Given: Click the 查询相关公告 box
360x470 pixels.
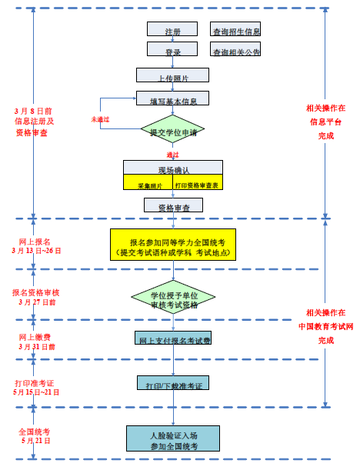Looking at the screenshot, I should click(235, 49).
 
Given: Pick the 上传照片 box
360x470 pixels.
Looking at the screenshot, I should click(172, 75).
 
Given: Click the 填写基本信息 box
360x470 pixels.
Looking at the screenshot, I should click(172, 98).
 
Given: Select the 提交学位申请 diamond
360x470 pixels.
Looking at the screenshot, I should click(173, 131).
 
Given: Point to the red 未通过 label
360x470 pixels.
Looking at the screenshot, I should click(100, 119).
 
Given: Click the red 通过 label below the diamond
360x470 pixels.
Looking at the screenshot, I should click(172, 155).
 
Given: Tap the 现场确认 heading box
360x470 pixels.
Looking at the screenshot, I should click(173, 168).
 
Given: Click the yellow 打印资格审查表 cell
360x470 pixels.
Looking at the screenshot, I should click(196, 184).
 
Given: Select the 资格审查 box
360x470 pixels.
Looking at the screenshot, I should click(173, 205).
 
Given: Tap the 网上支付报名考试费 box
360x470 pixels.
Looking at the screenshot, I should click(173, 338).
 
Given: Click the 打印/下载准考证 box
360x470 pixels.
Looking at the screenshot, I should click(173, 382).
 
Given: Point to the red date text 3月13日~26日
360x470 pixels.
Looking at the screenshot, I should click(36, 250).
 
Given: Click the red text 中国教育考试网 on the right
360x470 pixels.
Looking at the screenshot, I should click(326, 326).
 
